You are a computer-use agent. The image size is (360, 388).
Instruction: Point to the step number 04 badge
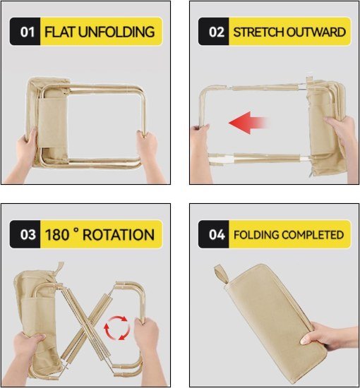[213, 234]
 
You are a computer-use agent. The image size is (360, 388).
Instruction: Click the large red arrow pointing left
[250, 124]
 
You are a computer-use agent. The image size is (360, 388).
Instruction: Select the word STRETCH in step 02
[256, 32]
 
